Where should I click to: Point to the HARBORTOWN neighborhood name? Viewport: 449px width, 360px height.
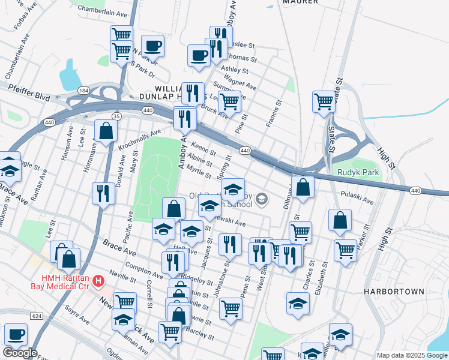[x=393, y=291]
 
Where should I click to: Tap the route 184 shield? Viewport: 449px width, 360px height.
[x=83, y=90]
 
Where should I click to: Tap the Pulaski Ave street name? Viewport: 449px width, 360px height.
[x=357, y=194]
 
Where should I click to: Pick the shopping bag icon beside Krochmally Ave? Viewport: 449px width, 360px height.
[x=106, y=131]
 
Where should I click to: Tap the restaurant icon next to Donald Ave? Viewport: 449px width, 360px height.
[x=103, y=194]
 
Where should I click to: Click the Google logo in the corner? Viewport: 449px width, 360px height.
[x=20, y=353]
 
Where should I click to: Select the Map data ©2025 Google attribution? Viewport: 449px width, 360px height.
[x=412, y=355]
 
